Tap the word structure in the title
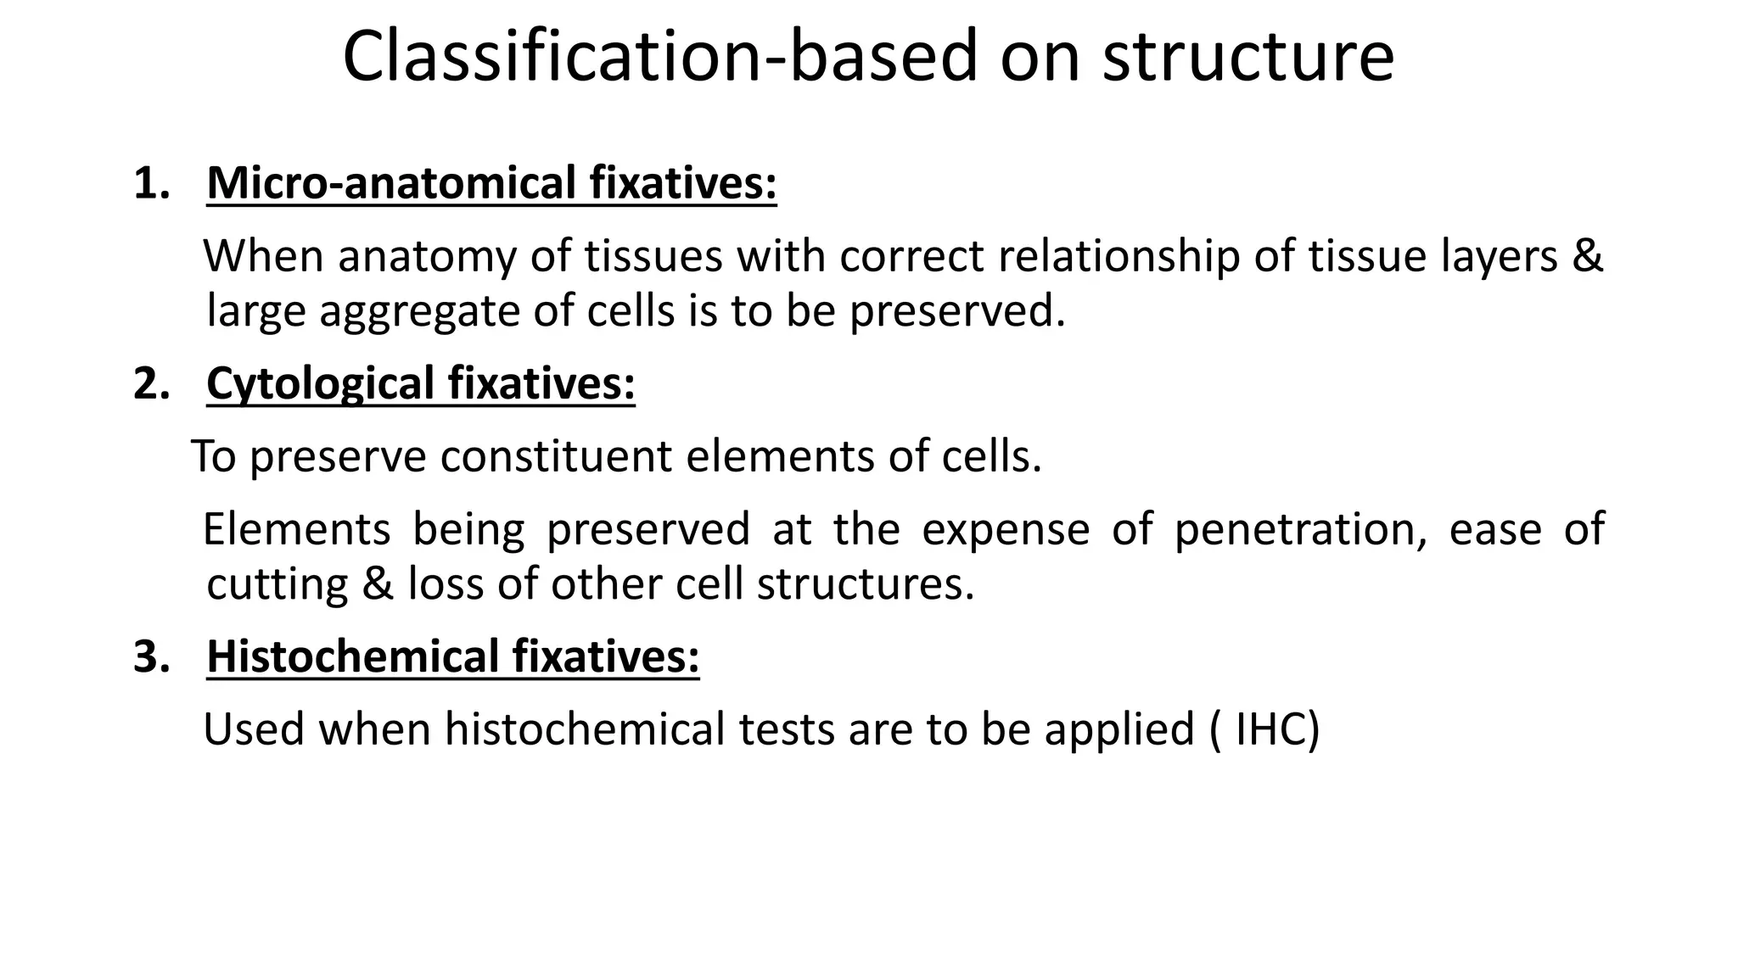tap(1247, 58)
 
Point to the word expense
tap(1005, 529)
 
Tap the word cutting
tap(277, 584)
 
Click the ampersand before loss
tap(377, 584)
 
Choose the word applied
tap(1119, 729)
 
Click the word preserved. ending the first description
tap(957, 311)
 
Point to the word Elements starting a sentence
tap(296, 529)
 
